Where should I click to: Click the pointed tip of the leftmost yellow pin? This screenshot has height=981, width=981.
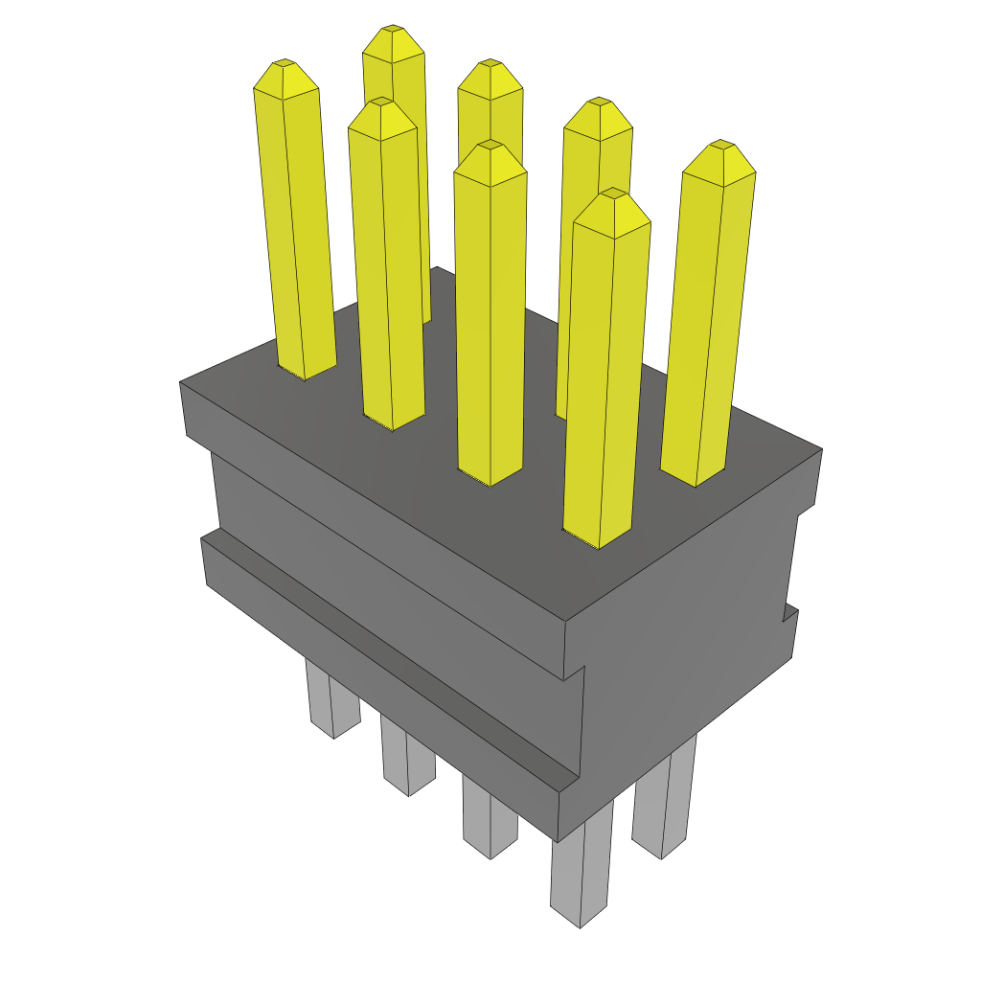point(285,64)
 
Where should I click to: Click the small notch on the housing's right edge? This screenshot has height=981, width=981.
point(790,613)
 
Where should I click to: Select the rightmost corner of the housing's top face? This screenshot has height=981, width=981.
point(821,449)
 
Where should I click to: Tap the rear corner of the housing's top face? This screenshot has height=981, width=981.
point(435,268)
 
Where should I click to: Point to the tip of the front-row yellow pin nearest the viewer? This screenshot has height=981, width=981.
point(611,194)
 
